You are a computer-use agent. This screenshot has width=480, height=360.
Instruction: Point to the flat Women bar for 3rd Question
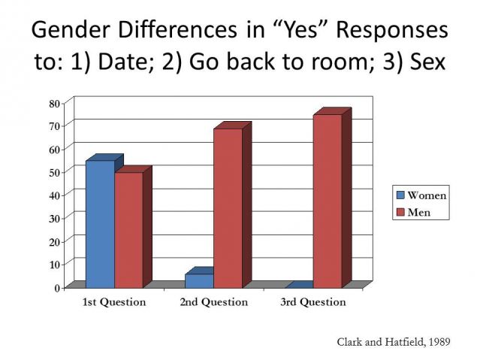pyautogui.click(x=299, y=285)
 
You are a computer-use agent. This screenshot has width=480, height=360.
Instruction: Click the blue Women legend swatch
pyautogui.click(x=400, y=195)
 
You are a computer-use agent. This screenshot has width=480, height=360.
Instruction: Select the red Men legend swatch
pyautogui.click(x=400, y=212)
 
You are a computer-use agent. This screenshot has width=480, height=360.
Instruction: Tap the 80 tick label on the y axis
pyautogui.click(x=55, y=104)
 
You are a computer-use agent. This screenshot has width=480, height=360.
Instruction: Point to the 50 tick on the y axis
pyautogui.click(x=55, y=172)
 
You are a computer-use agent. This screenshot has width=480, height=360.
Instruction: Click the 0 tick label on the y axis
pyautogui.click(x=57, y=288)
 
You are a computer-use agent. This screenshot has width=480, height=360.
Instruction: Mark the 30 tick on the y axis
pyautogui.click(x=55, y=219)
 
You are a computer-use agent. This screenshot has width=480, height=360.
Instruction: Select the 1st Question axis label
pyautogui.click(x=114, y=302)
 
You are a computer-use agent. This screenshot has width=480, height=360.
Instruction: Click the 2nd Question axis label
pyautogui.click(x=213, y=302)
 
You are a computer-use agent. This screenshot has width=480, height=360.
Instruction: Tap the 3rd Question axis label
pyautogui.click(x=313, y=302)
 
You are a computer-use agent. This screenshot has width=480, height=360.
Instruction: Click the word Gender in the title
pyautogui.click(x=71, y=30)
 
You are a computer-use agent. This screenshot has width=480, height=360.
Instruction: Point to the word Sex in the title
pyautogui.click(x=427, y=62)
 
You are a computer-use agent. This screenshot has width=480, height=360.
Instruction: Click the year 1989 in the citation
pyautogui.click(x=439, y=342)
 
